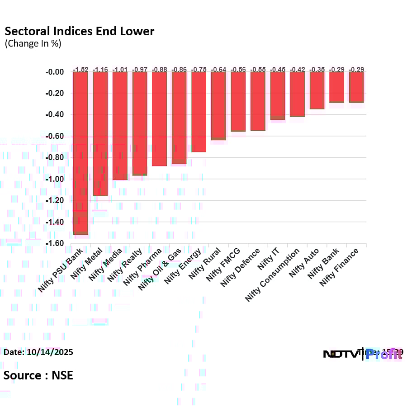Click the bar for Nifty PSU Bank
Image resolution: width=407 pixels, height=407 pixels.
tap(81, 153)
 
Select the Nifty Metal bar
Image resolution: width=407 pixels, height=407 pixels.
tap(100, 134)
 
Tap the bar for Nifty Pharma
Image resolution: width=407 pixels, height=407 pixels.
tap(159, 119)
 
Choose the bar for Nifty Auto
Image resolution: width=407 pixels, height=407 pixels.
tap(317, 90)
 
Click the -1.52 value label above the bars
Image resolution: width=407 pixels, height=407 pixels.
tap(81, 69)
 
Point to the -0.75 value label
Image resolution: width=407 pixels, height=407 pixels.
tap(199, 69)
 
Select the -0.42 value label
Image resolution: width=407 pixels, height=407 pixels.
tap(297, 69)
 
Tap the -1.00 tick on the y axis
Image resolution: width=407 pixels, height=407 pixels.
tap(55, 179)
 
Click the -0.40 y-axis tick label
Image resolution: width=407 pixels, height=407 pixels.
tap(55, 115)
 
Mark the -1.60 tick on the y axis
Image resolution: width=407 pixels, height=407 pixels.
tap(55, 244)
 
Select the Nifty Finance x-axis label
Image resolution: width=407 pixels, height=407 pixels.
tap(339, 267)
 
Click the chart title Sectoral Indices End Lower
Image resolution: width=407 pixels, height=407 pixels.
tap(79, 31)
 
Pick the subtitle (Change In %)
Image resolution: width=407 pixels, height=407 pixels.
tap(33, 44)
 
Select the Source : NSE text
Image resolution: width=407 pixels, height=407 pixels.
tap(38, 375)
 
